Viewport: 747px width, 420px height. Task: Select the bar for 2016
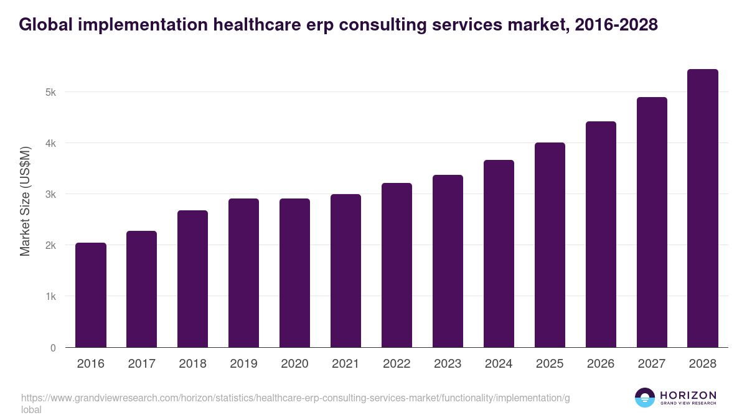click(91, 295)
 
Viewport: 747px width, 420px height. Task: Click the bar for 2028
click(703, 208)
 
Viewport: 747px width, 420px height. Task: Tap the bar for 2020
click(294, 273)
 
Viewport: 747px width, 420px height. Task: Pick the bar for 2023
click(448, 261)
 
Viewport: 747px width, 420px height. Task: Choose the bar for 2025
click(550, 245)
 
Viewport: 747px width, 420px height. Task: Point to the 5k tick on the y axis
click(50, 92)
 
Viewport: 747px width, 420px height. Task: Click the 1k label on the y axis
click(50, 297)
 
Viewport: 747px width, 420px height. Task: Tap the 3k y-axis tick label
click(50, 194)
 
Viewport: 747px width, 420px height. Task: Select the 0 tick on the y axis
click(53, 348)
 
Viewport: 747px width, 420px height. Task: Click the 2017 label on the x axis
click(142, 364)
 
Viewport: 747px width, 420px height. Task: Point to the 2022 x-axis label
click(397, 364)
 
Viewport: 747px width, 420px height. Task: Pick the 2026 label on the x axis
click(601, 364)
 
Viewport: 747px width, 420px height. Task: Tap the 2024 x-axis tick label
click(499, 364)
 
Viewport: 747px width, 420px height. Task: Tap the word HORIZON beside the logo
click(688, 395)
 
